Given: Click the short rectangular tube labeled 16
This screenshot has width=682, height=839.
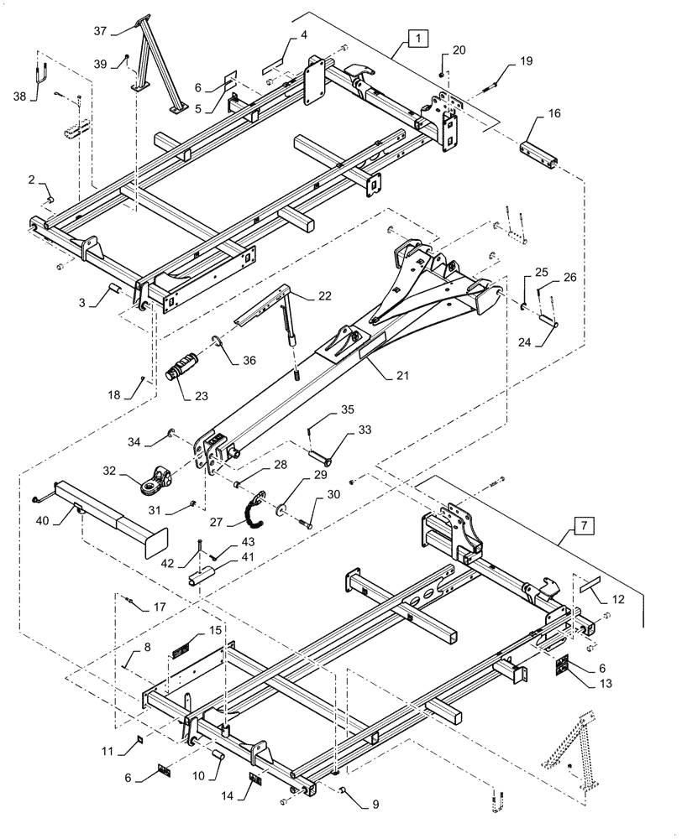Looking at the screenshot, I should click(538, 154).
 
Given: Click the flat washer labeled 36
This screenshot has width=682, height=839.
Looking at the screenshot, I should click(218, 341).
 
